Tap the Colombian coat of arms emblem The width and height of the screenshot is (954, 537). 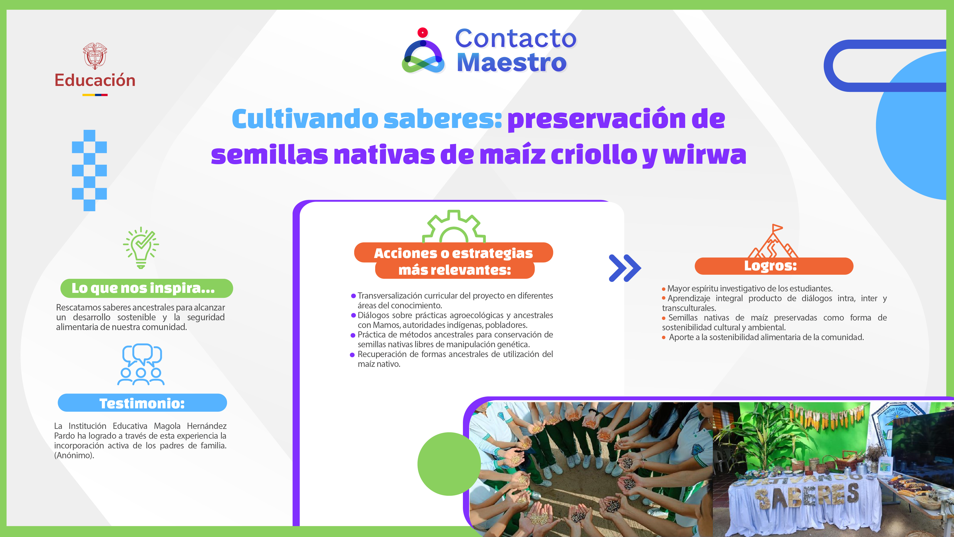(95, 56)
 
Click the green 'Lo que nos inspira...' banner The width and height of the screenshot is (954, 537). (147, 288)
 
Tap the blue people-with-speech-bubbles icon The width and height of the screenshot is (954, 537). (141, 364)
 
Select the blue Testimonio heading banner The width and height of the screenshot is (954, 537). (142, 403)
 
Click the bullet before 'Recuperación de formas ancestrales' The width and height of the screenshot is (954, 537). (352, 355)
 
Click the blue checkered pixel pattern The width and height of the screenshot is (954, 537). (89, 170)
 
